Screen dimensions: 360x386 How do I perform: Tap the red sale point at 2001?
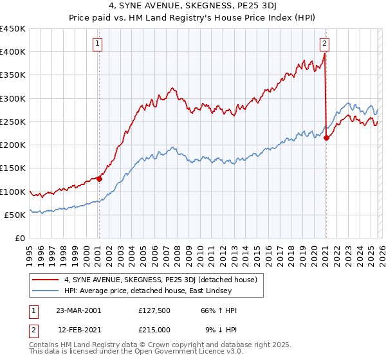click(100, 179)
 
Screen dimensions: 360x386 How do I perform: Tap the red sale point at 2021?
click(326, 138)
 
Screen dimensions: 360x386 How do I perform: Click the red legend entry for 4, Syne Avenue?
click(161, 280)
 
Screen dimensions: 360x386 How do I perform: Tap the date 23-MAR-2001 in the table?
click(78, 310)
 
